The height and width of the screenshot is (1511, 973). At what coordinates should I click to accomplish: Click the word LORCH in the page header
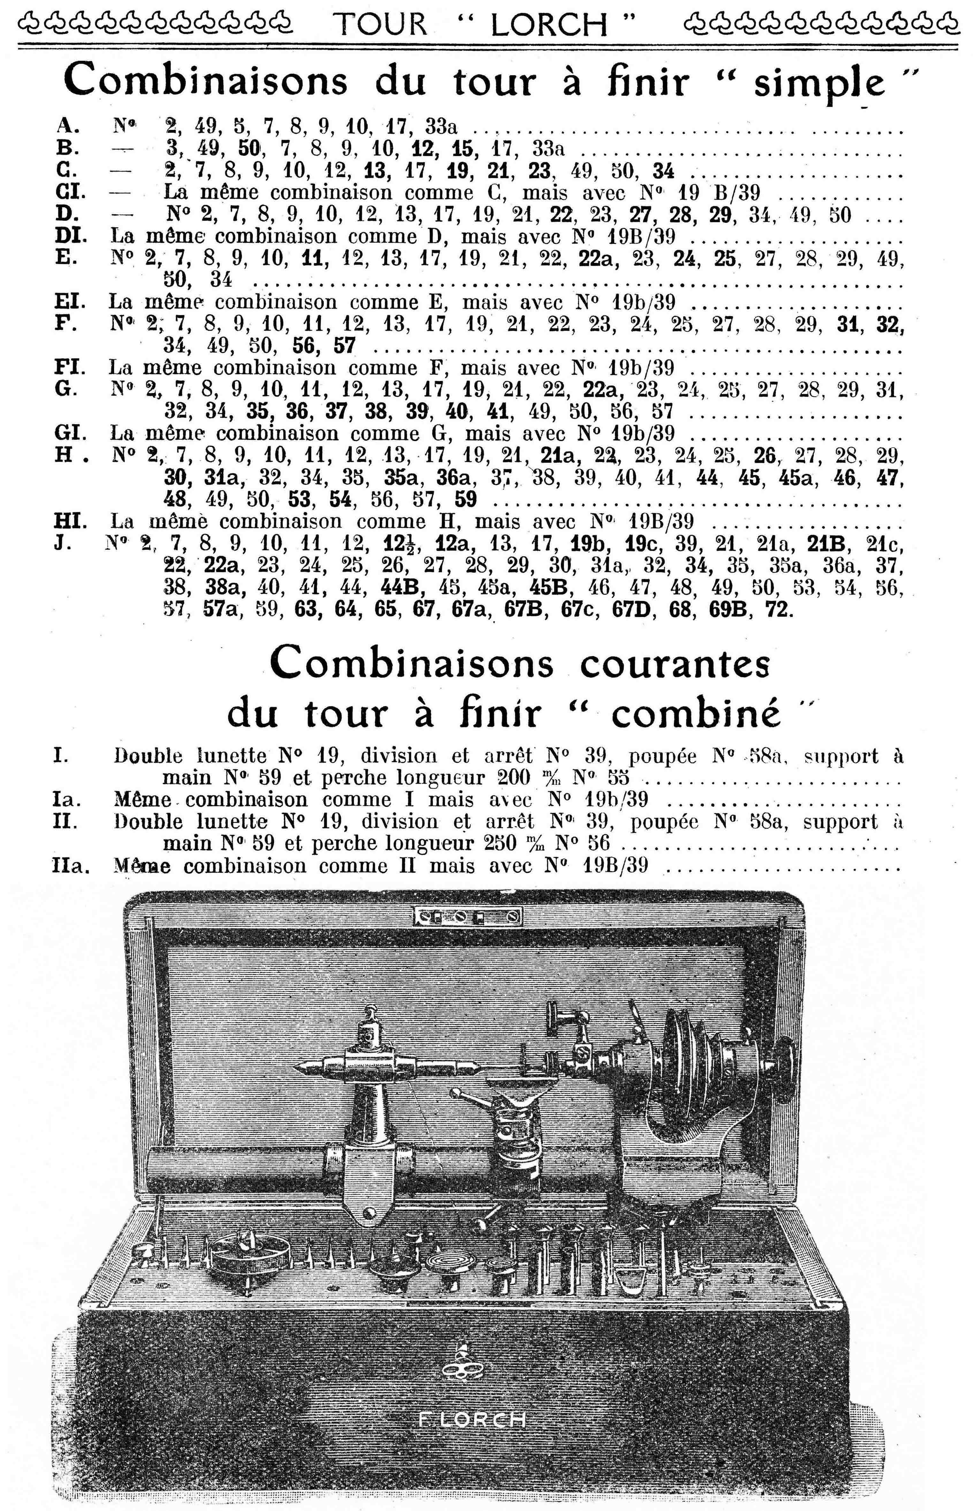click(548, 25)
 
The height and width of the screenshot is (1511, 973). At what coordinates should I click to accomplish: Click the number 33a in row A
click(440, 127)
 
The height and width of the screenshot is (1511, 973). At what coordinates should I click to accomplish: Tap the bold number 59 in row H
click(466, 499)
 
